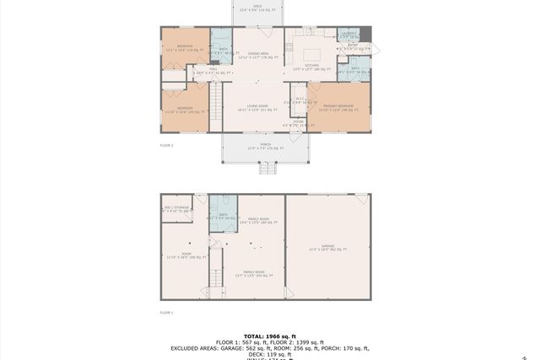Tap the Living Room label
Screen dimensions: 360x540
[256, 108]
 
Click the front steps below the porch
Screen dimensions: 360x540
[267, 168]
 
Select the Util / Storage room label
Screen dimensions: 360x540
[175, 209]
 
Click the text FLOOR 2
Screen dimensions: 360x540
[166, 145]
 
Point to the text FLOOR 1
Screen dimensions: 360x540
[166, 312]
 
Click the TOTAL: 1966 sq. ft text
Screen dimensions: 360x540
[269, 335]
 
